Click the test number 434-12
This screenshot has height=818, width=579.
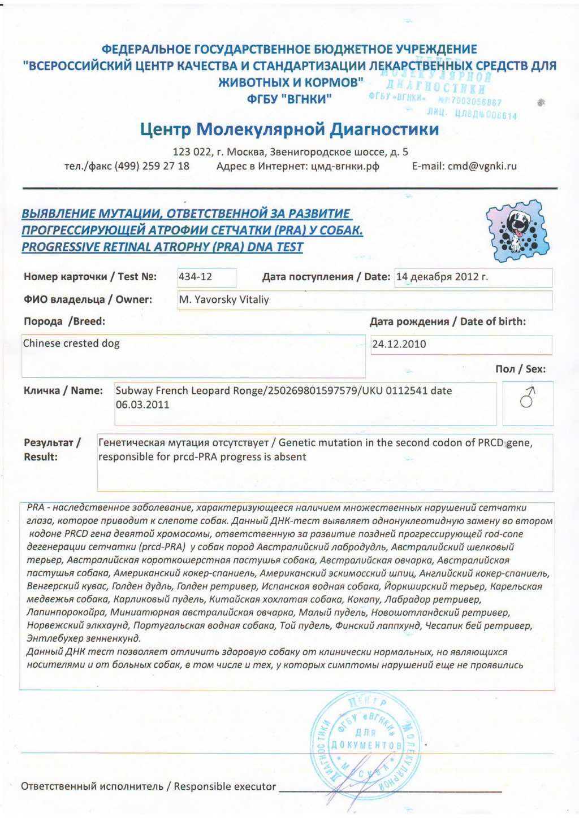[196, 277]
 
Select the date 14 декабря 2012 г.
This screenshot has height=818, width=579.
[442, 277]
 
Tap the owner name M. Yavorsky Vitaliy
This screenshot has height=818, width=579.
[224, 300]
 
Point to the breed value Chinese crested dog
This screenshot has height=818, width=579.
[71, 343]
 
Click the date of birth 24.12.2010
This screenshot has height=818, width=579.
[399, 344]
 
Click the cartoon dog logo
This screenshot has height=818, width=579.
[517, 230]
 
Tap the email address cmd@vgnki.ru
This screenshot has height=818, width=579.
[482, 166]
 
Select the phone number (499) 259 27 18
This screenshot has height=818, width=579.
[152, 166]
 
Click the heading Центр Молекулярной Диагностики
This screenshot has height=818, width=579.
[289, 129]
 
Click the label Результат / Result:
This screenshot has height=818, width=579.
[52, 450]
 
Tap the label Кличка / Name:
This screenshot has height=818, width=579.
[63, 390]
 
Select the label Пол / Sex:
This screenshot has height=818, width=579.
[520, 369]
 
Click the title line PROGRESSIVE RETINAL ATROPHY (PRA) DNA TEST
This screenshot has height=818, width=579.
[162, 247]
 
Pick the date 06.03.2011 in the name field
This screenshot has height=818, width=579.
[142, 404]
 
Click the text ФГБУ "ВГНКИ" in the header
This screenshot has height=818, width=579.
[289, 99]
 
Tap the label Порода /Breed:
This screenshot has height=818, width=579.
[64, 321]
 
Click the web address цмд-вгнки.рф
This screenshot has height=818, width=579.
[345, 166]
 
